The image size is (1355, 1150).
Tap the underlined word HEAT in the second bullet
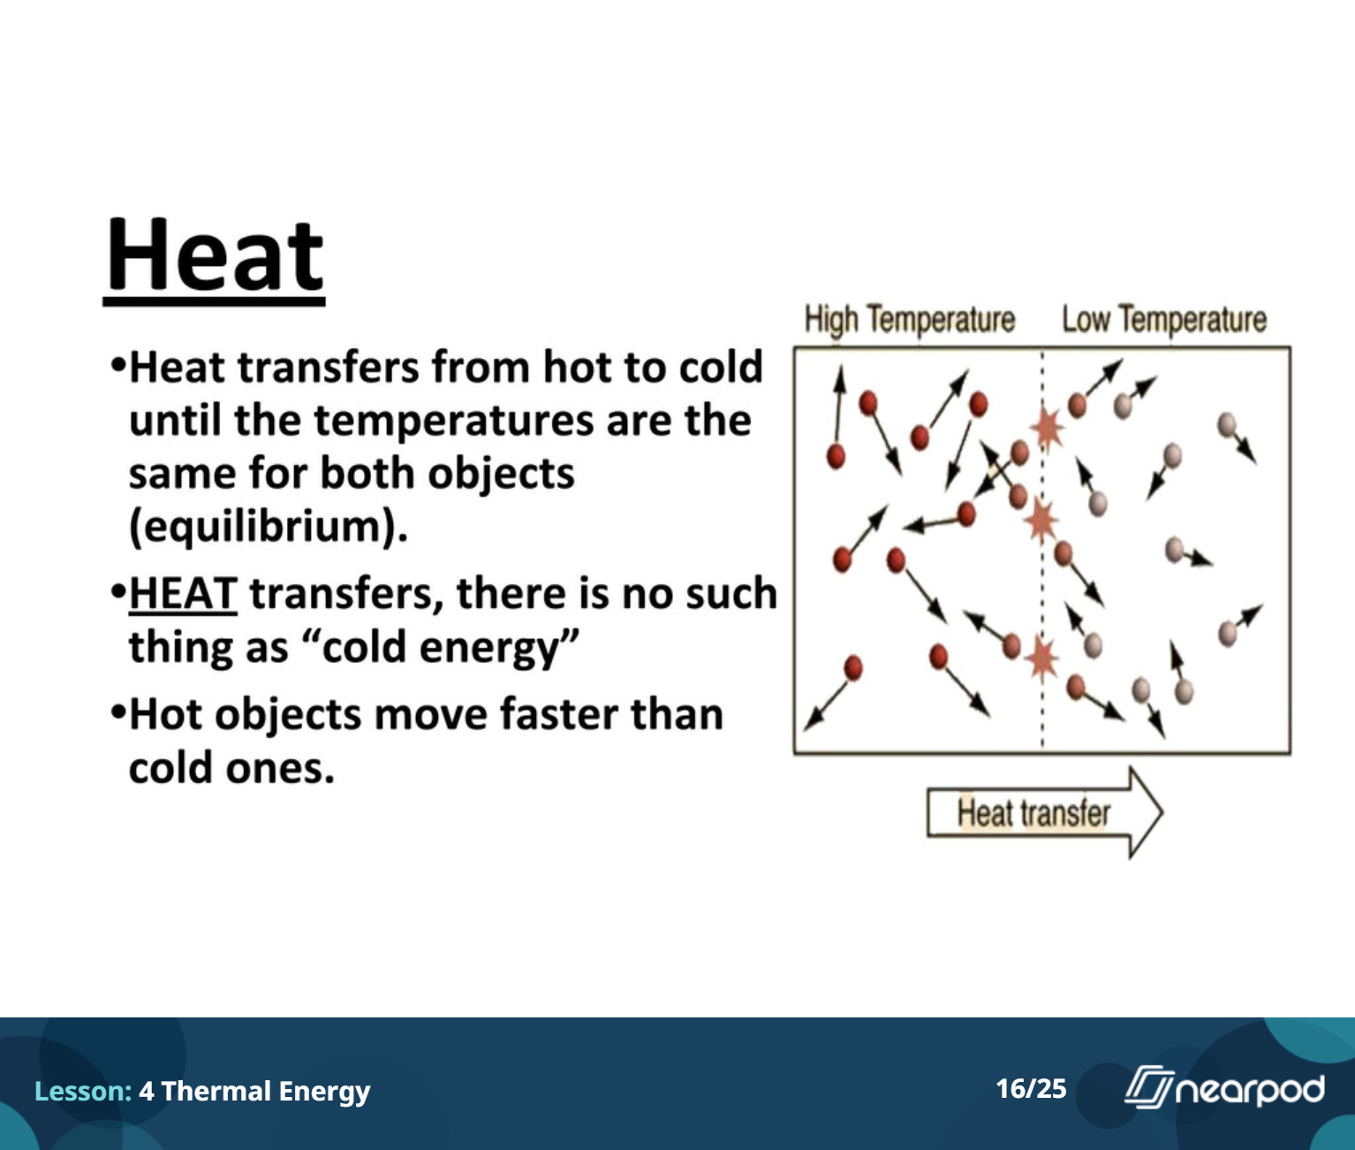pyautogui.click(x=183, y=593)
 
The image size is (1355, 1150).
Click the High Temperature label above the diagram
pyautogui.click(x=909, y=320)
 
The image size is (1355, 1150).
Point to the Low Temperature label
pyautogui.click(x=1164, y=320)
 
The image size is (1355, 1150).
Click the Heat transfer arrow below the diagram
pyautogui.click(x=1045, y=813)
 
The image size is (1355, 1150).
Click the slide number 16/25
pyautogui.click(x=1031, y=1089)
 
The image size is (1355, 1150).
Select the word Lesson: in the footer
pyautogui.click(x=83, y=1091)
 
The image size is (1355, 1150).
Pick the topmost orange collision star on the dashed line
pyautogui.click(x=1047, y=429)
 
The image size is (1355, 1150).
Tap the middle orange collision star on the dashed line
pyautogui.click(x=1041, y=521)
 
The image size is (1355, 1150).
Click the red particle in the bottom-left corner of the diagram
pyautogui.click(x=853, y=668)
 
